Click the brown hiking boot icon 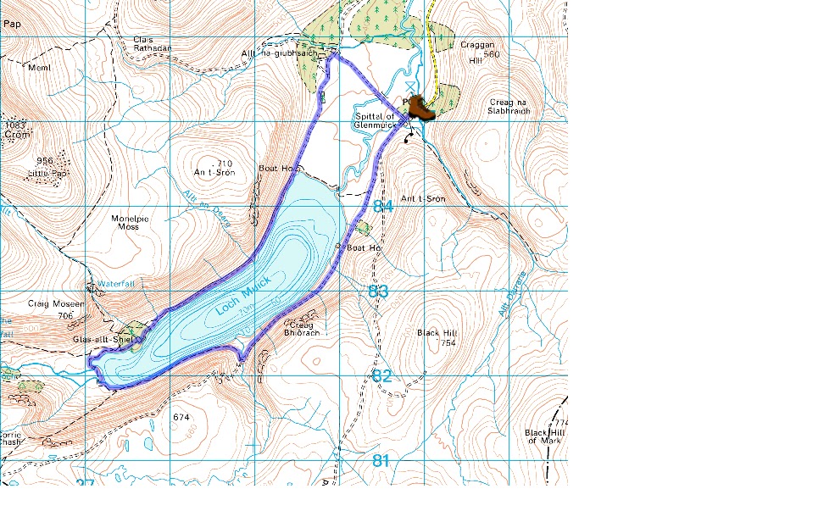(x=420, y=108)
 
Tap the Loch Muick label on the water (x=243, y=297)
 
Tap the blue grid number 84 (x=383, y=207)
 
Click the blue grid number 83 (x=379, y=292)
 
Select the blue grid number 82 (x=382, y=375)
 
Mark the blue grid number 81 (x=381, y=461)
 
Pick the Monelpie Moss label (x=131, y=223)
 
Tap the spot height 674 (x=181, y=418)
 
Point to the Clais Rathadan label (x=153, y=43)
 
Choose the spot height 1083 (x=17, y=125)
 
